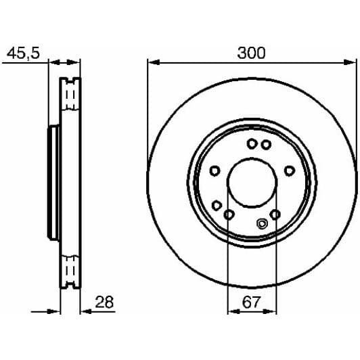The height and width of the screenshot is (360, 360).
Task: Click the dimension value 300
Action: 251,52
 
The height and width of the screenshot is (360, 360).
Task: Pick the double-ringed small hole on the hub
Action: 263,225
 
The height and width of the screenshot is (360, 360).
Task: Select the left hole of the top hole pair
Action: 252,143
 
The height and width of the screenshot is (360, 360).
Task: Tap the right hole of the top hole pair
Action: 267,144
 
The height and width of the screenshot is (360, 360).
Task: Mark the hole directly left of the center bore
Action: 215,171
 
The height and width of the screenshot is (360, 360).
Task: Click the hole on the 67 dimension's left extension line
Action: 228,215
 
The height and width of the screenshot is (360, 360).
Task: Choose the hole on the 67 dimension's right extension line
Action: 275,215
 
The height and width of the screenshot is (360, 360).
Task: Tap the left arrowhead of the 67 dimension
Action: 231,313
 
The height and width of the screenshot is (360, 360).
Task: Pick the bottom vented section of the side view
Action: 70,271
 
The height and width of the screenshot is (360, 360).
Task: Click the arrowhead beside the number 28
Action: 85,313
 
